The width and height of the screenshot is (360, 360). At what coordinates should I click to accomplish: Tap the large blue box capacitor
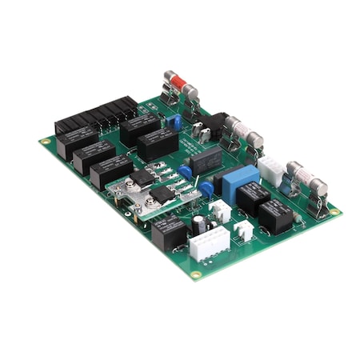[240, 183]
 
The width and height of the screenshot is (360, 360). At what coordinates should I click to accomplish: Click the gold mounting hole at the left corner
[45, 142]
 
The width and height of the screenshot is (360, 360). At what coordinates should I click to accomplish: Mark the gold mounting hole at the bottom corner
[195, 274]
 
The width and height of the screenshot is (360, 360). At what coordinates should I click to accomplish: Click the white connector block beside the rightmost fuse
[271, 169]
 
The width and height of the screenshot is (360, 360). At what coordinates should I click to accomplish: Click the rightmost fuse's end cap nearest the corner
[318, 189]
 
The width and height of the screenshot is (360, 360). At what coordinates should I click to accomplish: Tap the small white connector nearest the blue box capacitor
[219, 211]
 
